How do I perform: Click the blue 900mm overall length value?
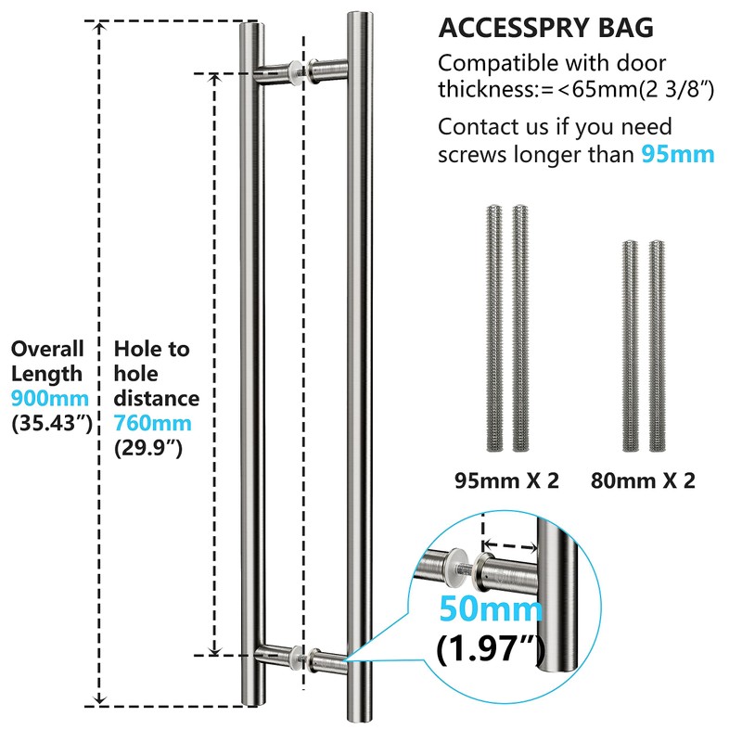pos(50,399)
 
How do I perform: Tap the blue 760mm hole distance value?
pos(152,423)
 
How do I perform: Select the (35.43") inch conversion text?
pos(52,423)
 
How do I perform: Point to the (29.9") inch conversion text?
pos(148,448)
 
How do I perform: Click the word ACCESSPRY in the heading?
pos(514,28)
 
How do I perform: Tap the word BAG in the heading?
pos(625,28)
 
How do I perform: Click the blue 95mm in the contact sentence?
pos(678,155)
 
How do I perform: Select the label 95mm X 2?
pos(506,480)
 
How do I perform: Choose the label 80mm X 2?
pos(643,480)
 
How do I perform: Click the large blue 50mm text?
pos(491,608)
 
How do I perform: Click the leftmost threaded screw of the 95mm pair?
pos(494,328)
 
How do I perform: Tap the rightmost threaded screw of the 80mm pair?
pos(657,346)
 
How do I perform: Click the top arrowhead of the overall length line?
pos(99,27)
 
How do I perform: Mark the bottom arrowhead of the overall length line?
pos(99,699)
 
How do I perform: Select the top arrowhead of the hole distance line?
pos(214,79)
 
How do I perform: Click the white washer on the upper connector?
pos(296,72)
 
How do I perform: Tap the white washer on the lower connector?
pos(297,657)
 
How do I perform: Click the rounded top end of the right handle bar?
pos(360,16)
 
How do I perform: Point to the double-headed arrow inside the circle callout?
pos(509,546)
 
